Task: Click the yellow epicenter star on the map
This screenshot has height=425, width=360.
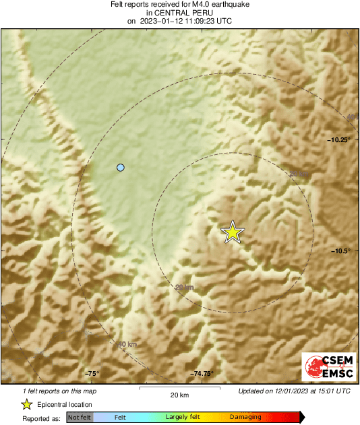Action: [233, 232]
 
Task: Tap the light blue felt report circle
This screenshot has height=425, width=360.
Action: [121, 167]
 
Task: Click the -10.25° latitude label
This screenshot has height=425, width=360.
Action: [339, 140]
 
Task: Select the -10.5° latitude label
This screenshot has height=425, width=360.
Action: [341, 251]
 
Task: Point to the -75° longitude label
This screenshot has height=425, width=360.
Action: [92, 374]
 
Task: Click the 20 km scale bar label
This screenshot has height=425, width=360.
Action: [179, 394]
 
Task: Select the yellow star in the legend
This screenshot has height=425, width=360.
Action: [26, 405]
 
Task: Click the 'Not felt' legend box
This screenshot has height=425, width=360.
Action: [79, 418]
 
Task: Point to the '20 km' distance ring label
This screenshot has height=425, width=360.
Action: [184, 288]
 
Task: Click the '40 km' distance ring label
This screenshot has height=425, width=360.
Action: [127, 345]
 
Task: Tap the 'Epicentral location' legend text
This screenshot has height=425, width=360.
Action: [65, 405]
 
